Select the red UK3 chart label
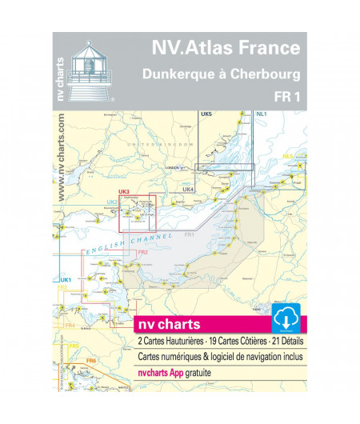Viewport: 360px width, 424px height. tap(123, 191)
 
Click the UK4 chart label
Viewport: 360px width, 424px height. tap(188, 189)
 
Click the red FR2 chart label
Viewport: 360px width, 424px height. tap(142, 253)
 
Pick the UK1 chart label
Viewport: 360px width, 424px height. tap(66, 278)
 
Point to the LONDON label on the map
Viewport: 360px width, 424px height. tap(170, 167)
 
